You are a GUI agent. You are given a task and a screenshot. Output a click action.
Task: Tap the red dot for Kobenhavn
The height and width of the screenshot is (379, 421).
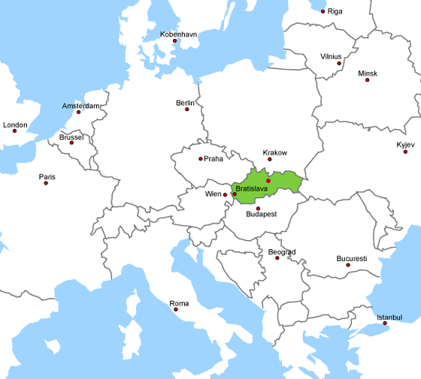pyautogui.click(x=174, y=41)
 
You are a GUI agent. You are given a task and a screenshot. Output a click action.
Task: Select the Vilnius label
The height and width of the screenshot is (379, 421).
pyautogui.click(x=331, y=56)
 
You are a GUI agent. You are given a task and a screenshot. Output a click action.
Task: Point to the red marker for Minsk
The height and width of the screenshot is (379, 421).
pyautogui.click(x=368, y=80)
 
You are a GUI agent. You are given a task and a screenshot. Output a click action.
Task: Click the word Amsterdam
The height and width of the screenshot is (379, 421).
pyautogui.click(x=80, y=106)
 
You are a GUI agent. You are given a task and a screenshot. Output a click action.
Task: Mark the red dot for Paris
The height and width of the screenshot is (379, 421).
pyautogui.click(x=46, y=183)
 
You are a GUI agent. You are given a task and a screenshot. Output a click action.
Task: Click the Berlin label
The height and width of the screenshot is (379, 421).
pyautogui.click(x=184, y=102)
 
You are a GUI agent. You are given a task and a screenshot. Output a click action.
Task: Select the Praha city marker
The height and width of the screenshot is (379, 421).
pyautogui.click(x=201, y=158)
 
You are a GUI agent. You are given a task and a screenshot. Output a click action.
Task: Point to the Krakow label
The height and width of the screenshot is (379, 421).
pyautogui.click(x=275, y=153)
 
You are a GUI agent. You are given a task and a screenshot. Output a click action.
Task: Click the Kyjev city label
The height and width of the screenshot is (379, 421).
pyautogui.click(x=405, y=144)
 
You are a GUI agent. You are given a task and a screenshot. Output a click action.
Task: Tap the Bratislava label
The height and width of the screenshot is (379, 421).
pyautogui.click(x=251, y=188)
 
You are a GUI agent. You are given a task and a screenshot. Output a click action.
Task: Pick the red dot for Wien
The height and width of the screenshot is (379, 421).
pyautogui.click(x=234, y=194)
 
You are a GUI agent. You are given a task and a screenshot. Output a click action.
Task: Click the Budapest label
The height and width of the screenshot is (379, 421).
pyautogui.click(x=262, y=214)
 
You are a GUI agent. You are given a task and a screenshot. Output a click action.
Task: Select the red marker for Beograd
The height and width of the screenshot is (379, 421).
pyautogui.click(x=277, y=258)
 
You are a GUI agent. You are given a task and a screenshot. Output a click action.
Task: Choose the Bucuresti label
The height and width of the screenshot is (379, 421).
pyautogui.click(x=352, y=258)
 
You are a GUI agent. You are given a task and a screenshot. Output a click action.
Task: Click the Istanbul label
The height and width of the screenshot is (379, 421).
pyautogui.click(x=389, y=317)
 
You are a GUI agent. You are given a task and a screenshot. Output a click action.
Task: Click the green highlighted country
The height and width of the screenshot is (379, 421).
pyautogui.click(x=286, y=180)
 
